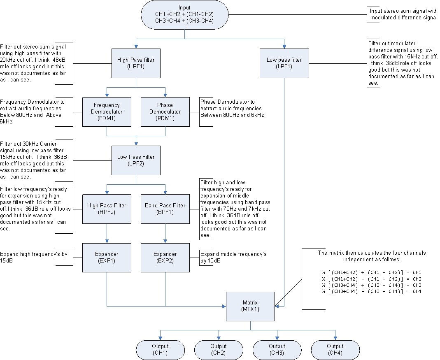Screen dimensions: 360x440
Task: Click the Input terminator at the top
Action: [184, 14]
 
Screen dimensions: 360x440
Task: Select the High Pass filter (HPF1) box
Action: [135, 63]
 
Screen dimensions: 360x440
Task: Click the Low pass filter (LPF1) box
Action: [284, 63]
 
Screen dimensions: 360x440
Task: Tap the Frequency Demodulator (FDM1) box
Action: [107, 111]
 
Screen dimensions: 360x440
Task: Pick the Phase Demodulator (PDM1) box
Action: [165, 111]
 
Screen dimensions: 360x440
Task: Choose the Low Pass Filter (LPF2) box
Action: [136, 160]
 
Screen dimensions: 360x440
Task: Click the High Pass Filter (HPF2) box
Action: [107, 209]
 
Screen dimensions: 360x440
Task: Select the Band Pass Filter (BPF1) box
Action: [165, 209]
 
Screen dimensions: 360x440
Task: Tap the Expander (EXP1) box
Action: [107, 257]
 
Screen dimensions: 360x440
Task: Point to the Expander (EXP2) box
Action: [165, 257]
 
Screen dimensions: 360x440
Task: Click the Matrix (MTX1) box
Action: [250, 306]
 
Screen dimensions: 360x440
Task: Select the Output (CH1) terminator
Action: [160, 349]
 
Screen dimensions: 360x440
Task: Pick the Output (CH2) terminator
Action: [219, 349]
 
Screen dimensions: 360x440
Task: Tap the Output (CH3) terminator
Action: [277, 349]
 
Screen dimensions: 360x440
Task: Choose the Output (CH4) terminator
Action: [335, 349]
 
